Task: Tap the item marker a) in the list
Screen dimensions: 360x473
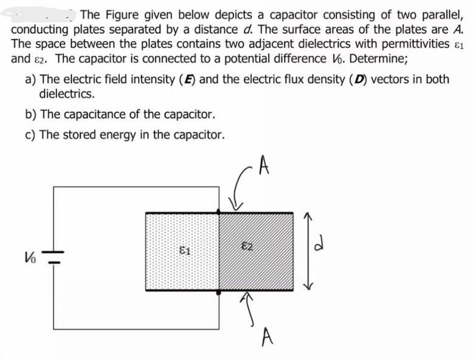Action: tap(31, 80)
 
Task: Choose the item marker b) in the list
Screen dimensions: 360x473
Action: tap(31, 114)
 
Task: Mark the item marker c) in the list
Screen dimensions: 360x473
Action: tap(31, 134)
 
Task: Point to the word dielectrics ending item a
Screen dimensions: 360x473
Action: tap(66, 94)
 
